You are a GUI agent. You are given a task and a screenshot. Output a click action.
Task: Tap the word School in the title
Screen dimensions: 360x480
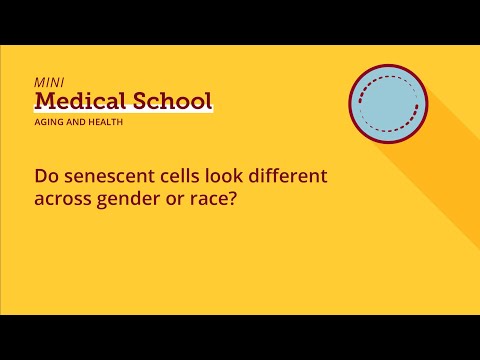pyautogui.click(x=170, y=100)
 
